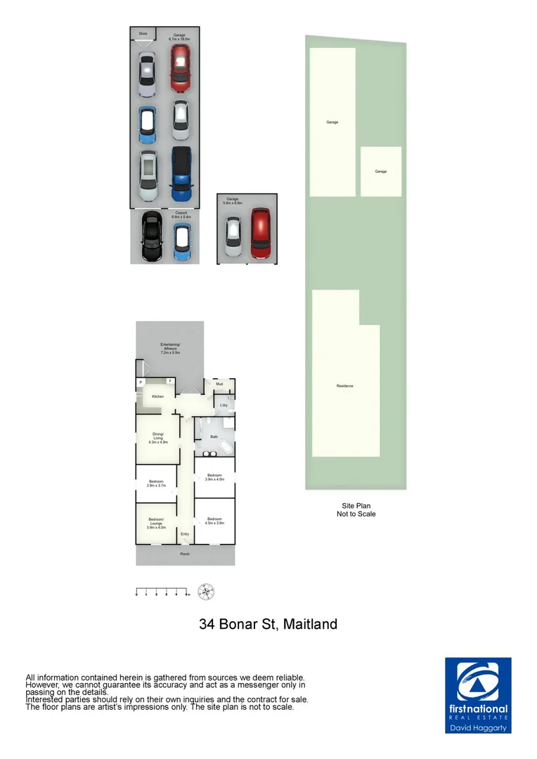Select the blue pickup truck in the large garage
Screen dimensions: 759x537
[181, 174]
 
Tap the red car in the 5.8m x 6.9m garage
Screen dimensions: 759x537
[261, 233]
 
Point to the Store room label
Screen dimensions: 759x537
[143, 33]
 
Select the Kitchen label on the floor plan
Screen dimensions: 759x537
[157, 397]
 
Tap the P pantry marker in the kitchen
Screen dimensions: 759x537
[141, 382]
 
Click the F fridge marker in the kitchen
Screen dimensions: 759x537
[169, 382]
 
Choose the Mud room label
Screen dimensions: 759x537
[219, 384]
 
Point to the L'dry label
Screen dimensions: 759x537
[224, 406]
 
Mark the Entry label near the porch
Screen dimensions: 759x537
[185, 534]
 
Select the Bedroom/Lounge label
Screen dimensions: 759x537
[156, 521]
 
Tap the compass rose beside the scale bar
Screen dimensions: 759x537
[206, 591]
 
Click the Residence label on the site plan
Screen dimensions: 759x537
[344, 386]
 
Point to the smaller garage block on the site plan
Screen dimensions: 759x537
[381, 171]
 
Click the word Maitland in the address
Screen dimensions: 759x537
[310, 624]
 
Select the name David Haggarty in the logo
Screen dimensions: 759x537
[478, 728]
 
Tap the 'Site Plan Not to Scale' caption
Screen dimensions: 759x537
[356, 510]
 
